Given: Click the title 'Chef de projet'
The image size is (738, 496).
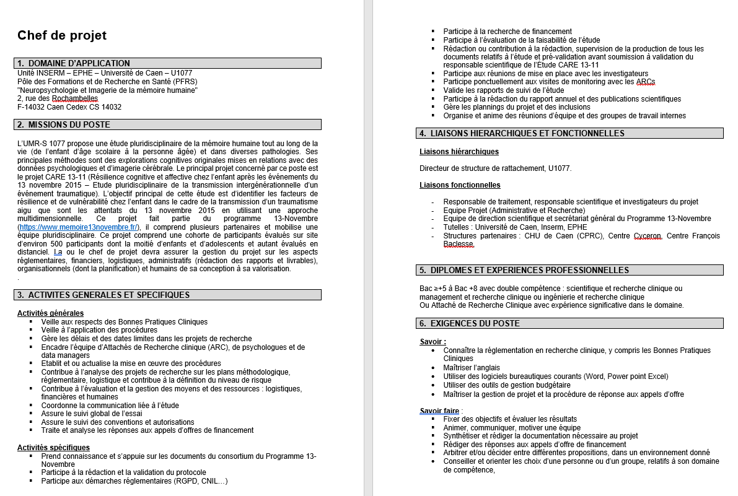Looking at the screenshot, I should tap(62, 35).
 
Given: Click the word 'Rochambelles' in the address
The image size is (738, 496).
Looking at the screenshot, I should tap(76, 98).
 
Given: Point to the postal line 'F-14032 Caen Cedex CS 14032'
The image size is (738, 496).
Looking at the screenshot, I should tap(69, 107).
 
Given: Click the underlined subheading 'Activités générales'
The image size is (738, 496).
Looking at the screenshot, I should tap(50, 313).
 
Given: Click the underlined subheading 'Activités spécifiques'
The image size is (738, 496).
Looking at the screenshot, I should tap(53, 447).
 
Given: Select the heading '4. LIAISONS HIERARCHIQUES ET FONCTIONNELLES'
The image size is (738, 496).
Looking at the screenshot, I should tap(527, 133).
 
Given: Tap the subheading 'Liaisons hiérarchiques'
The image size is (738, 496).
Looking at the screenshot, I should tap(459, 152).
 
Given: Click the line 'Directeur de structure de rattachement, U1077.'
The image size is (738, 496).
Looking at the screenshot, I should tap(495, 168).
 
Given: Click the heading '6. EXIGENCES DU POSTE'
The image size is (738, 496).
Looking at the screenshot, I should tap(475, 323).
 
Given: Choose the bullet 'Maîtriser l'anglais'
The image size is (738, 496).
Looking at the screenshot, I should tap(472, 367).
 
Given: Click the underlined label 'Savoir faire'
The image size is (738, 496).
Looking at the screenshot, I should tap(439, 411).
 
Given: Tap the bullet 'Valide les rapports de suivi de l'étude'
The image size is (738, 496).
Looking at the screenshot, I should tap(503, 90).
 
